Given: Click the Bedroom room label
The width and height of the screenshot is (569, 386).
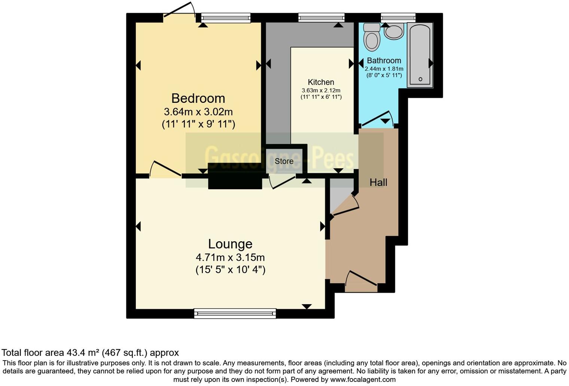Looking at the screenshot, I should click(198, 98).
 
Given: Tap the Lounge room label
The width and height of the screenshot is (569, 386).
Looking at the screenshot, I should click(230, 244).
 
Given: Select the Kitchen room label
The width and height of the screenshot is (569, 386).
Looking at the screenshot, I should click(321, 82).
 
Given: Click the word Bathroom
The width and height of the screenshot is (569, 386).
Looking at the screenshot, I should click(384, 61).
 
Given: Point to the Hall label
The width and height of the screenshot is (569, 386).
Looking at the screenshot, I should click(378, 183).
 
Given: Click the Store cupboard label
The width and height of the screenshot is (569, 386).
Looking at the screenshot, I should click(284, 161).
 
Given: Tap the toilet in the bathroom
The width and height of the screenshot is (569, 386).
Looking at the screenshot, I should click(372, 37).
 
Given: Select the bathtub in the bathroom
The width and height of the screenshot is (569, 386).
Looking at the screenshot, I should click(420, 54).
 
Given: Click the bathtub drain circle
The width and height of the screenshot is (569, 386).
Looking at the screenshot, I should click(420, 79).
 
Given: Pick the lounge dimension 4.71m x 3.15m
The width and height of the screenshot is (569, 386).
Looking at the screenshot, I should click(230, 257).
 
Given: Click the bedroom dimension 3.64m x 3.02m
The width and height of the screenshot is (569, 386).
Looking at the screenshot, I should click(198, 112).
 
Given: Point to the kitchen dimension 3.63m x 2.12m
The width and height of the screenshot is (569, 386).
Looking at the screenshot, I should click(321, 91).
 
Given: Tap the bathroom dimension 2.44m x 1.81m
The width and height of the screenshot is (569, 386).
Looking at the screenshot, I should click(384, 69).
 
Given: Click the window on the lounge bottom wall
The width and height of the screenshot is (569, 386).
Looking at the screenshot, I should click(235, 313).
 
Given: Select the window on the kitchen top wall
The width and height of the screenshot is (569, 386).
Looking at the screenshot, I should click(321, 17).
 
